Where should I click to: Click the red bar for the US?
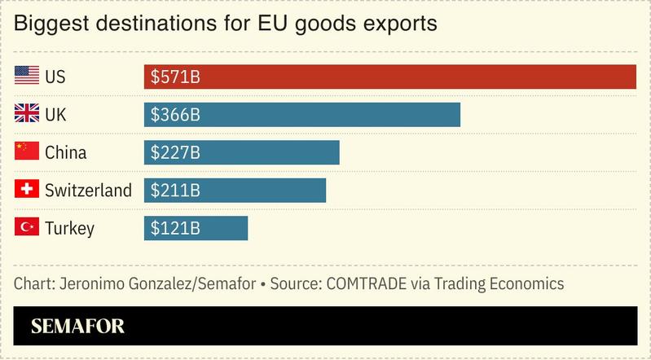point(389,77)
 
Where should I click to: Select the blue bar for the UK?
point(302,115)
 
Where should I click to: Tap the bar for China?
point(241,152)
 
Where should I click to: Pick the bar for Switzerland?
point(235,191)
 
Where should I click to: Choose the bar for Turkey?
point(196,228)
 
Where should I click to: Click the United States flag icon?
point(27,77)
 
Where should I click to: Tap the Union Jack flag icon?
point(27,115)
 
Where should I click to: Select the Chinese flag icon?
point(27,152)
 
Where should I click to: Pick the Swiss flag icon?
point(27,191)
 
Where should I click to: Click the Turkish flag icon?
point(27,228)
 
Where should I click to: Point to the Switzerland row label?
point(88,191)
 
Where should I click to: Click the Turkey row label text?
point(69,229)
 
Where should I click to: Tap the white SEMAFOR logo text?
point(77,327)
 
